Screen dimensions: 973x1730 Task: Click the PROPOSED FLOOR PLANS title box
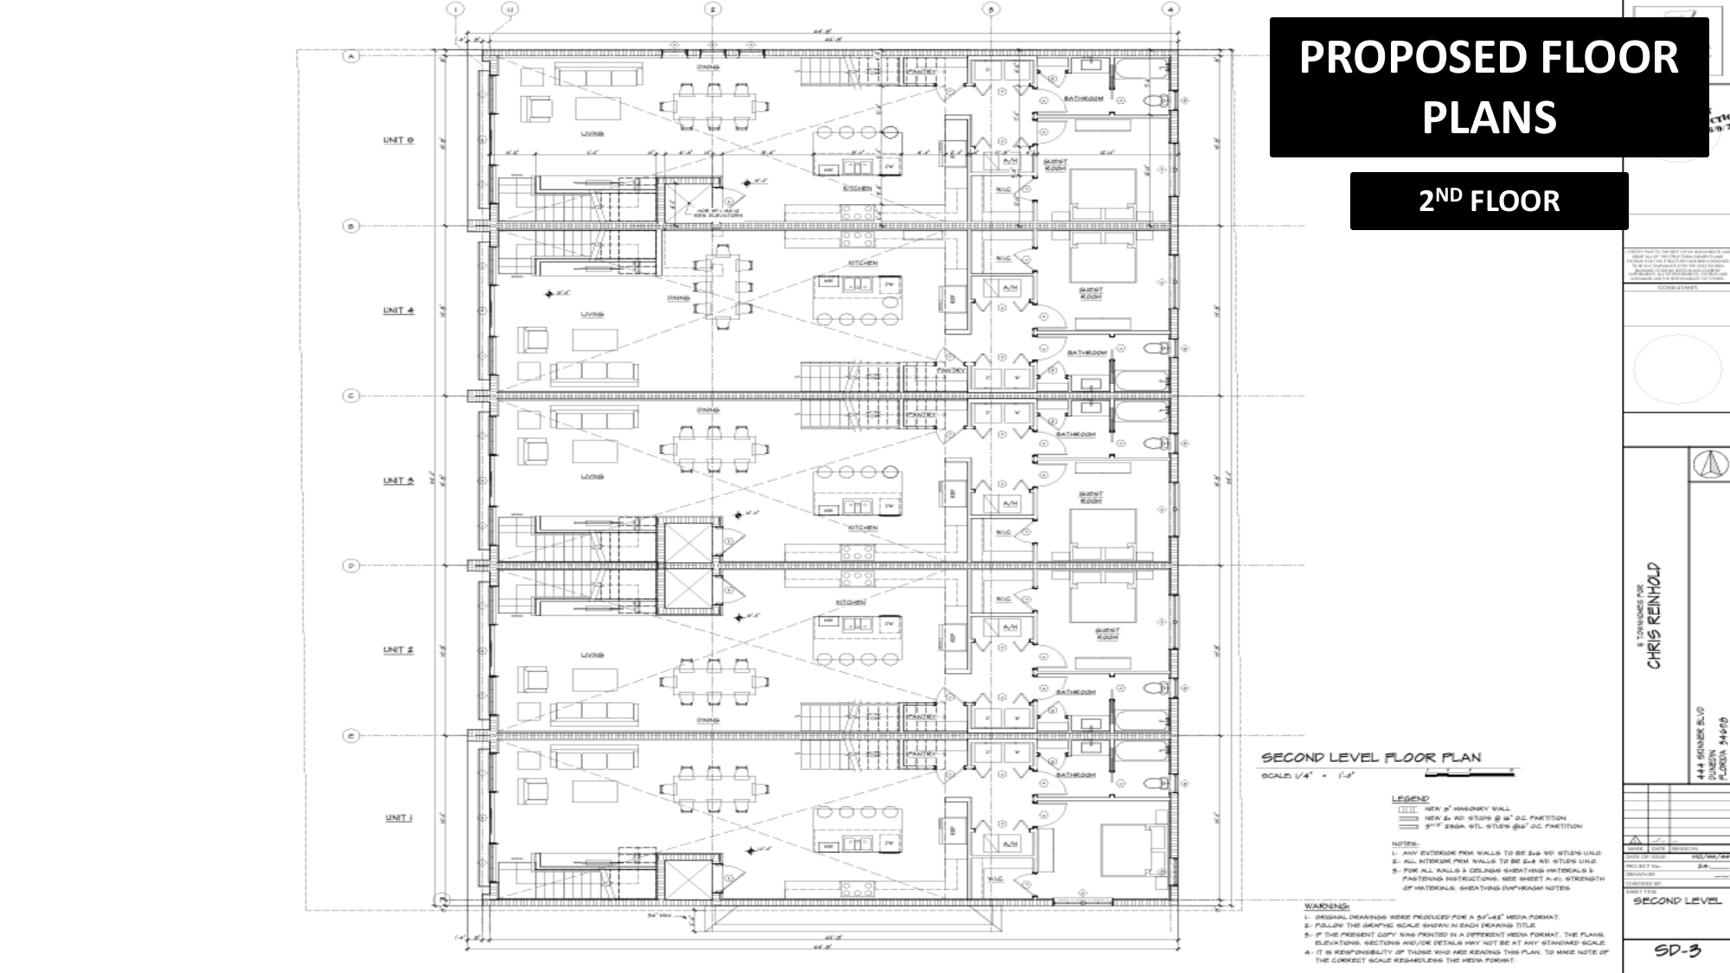[x=1488, y=86]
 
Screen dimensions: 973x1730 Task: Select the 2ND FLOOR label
[x=1488, y=201]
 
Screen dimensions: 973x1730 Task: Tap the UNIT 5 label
[x=398, y=140]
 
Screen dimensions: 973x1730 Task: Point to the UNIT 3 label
[x=398, y=480]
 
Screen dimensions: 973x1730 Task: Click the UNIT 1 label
[x=398, y=817]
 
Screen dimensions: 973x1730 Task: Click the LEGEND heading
[x=1410, y=798]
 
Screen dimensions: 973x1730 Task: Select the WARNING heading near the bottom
[x=1327, y=906]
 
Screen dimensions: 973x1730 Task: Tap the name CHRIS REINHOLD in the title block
[x=1653, y=615]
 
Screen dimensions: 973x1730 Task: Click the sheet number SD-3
[x=1677, y=951]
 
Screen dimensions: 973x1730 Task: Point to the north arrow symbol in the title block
[x=1710, y=464]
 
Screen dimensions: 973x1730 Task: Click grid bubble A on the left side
[x=351, y=57]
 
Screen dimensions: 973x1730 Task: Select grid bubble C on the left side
[x=351, y=396]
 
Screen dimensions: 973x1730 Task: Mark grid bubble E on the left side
[x=351, y=736]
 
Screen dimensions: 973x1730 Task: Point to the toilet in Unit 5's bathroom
[x=1156, y=101]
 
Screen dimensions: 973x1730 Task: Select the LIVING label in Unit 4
[x=592, y=315]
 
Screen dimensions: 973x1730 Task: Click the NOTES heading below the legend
[x=1404, y=843]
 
